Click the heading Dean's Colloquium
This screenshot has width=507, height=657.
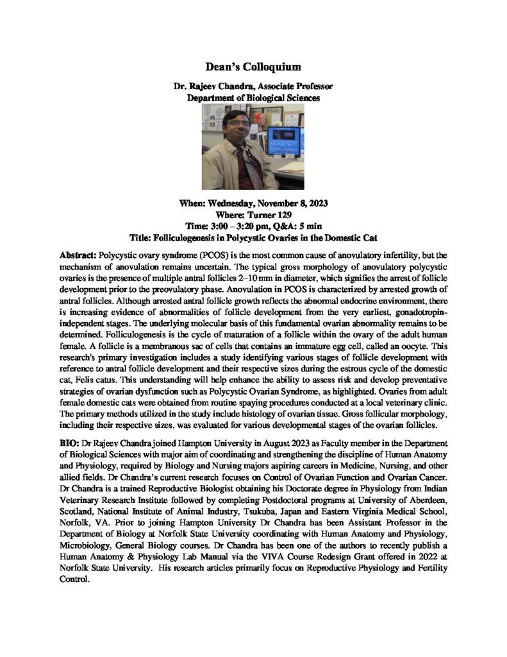[x=253, y=66]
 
